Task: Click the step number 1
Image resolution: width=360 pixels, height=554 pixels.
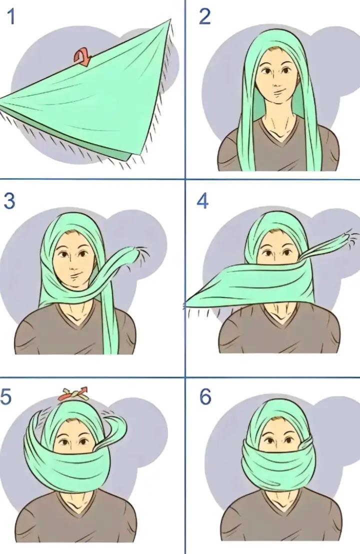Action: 11,17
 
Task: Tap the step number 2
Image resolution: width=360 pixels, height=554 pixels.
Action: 204,17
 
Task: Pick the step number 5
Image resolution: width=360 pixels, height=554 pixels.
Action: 6,396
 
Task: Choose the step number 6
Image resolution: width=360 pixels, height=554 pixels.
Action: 205,396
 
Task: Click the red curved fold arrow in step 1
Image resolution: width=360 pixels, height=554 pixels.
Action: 82,57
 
